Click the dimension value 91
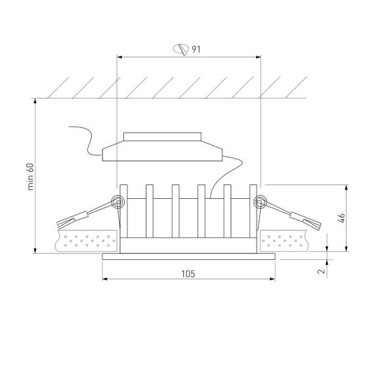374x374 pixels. [x=196, y=49]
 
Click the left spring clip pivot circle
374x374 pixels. [x=119, y=202]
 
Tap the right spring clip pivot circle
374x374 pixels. [x=259, y=202]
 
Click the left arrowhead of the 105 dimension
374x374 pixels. [x=105, y=278]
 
